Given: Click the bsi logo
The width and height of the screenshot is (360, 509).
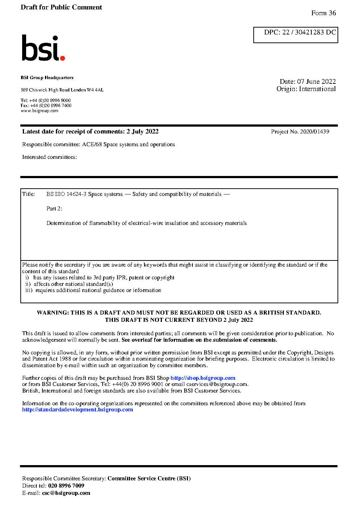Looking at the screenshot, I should (x=43, y=48).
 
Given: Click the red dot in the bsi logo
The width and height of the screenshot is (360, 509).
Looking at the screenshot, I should (x=62, y=58).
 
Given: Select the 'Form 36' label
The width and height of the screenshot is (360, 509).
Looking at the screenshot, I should (x=323, y=13).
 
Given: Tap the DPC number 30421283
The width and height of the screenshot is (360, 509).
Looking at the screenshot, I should (x=309, y=32).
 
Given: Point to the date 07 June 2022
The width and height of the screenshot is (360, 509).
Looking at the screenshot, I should (x=316, y=82).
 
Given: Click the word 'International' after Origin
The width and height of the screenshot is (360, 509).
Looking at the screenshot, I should (x=317, y=89).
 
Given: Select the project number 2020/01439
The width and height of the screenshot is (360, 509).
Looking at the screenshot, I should (x=315, y=132).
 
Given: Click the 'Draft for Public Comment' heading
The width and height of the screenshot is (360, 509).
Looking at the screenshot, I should (x=61, y=7).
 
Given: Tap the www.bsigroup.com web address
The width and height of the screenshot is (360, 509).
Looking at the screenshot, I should (x=40, y=111).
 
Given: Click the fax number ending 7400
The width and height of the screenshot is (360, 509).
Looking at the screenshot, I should (x=51, y=106).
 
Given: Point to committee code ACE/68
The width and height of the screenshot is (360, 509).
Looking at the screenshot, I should (x=92, y=144).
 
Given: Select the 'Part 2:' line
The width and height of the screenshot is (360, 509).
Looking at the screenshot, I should (x=54, y=209).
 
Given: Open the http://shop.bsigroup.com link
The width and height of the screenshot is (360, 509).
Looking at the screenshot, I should (x=203, y=378).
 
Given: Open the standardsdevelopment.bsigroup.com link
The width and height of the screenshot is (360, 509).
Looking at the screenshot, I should (x=78, y=410).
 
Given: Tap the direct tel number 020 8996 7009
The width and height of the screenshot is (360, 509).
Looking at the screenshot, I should (x=66, y=486).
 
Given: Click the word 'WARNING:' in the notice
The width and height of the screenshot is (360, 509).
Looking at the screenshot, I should (x=53, y=313).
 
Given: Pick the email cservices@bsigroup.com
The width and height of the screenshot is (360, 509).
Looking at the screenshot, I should (x=217, y=384).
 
